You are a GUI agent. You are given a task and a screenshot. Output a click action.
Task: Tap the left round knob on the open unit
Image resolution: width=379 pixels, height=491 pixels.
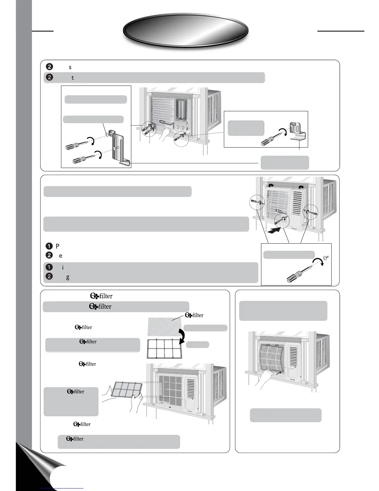[177, 127]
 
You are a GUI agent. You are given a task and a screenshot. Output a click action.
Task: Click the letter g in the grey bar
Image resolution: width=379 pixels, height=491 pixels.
[68, 277]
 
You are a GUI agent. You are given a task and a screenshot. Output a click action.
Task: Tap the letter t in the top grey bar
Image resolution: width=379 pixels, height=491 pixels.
[73, 78]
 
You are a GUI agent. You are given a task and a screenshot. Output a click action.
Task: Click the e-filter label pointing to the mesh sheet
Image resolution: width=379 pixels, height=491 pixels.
[194, 315]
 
